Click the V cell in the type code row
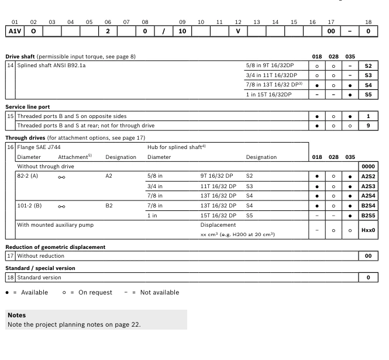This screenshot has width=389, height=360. (x=238, y=30)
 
